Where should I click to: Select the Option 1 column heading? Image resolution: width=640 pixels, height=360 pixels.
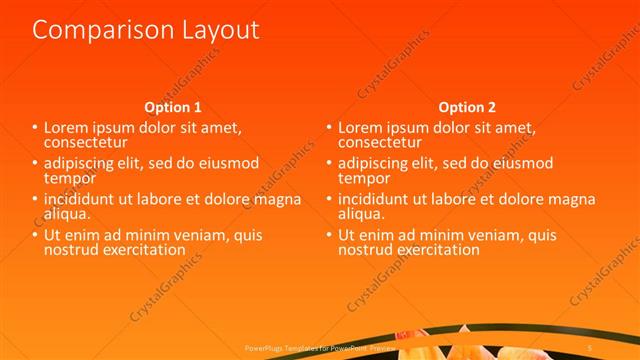pos(173,107)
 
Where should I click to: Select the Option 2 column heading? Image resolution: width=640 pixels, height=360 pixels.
pos(467,107)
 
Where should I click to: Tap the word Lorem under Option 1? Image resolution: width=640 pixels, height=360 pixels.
pos(68,128)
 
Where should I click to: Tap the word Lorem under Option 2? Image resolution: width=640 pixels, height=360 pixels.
pos(362,128)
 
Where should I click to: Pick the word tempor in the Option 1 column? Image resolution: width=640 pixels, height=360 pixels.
pos(69,177)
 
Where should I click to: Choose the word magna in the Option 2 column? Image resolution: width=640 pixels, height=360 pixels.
pos(572,198)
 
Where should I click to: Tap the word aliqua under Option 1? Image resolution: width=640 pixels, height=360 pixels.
pos(67,212)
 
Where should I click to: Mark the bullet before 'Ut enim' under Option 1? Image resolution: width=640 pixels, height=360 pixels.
pos(34,235)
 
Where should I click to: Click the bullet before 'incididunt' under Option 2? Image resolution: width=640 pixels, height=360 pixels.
pos(328,198)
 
